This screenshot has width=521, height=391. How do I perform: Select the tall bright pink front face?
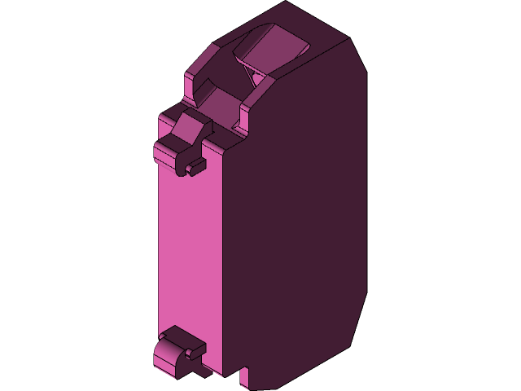pos(189,261)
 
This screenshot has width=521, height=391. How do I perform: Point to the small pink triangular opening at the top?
pos(258,78)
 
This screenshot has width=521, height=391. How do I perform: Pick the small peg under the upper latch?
pos(195,168)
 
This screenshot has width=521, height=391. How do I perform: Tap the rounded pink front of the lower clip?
pos(166,358)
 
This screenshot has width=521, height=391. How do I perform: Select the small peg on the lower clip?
pos(195,352)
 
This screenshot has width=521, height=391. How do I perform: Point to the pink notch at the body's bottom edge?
pos(243,377)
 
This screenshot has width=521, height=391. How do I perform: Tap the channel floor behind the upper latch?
pos(217,103)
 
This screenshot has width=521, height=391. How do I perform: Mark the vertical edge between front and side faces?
pos(224,261)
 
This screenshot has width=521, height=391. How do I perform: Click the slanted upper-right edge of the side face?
pos(357,53)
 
